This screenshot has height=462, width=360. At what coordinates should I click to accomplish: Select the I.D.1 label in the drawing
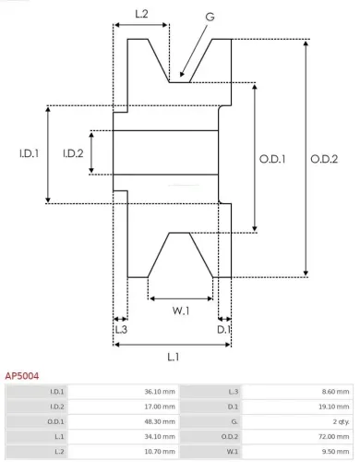tap(28, 153)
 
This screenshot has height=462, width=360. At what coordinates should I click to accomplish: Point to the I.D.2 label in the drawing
tap(72, 153)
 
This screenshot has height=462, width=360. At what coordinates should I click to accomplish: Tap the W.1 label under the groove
tap(181, 310)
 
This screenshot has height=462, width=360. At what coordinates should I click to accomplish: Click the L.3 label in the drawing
tap(121, 329)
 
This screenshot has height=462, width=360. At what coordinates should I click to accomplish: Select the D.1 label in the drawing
tap(222, 329)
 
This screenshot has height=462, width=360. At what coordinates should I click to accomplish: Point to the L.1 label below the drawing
tap(173, 357)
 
